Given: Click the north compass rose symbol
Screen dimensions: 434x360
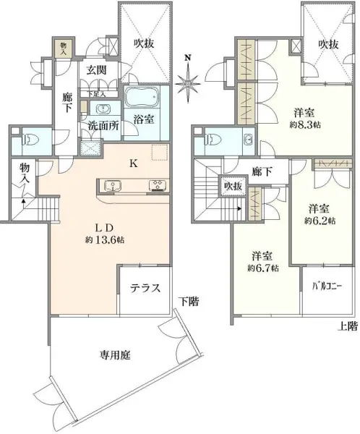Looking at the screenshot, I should click(x=188, y=81).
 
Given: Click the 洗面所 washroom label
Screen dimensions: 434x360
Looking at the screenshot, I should click(x=102, y=124).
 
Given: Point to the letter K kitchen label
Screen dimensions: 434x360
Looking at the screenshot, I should click(x=133, y=163).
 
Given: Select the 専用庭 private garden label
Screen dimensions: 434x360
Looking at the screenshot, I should click(x=114, y=355).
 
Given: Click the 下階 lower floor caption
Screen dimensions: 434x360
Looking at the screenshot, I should click(x=190, y=300).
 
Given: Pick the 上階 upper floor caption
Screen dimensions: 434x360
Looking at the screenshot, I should click(x=347, y=326).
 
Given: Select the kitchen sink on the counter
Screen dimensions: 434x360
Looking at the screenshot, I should click(x=113, y=185).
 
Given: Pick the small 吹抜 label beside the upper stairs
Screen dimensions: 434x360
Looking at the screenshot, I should click(x=232, y=186).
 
